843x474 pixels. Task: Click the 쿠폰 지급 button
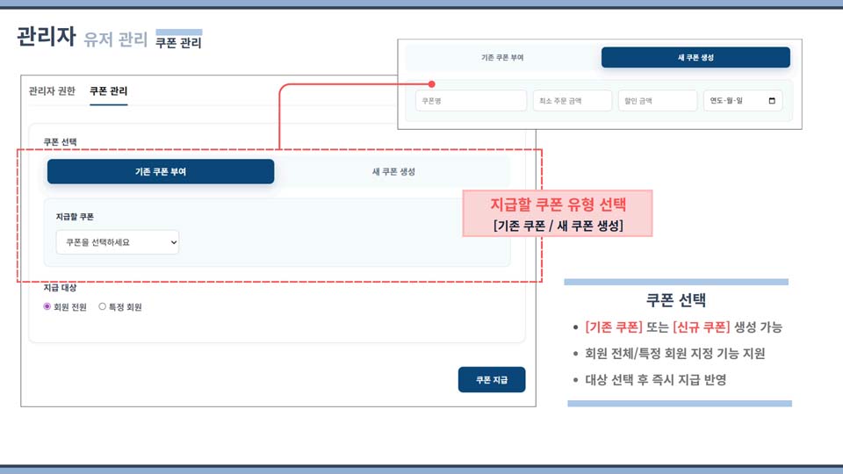tap(492, 379)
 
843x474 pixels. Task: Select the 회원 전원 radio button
tap(47, 307)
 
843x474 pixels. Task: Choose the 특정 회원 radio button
tap(103, 307)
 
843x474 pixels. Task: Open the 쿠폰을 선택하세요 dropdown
tap(117, 242)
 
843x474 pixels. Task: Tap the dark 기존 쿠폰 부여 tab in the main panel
tap(161, 172)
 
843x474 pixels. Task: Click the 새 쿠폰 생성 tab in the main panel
tap(393, 172)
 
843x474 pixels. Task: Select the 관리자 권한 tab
tap(52, 91)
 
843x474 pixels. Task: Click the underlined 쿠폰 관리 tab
tap(108, 91)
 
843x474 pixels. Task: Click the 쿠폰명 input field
tap(459, 101)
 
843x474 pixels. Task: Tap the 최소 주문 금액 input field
tap(573, 101)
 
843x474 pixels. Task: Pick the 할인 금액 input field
tap(656, 101)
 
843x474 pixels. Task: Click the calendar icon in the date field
tap(772, 101)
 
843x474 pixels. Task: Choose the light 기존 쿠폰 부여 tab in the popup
tap(502, 58)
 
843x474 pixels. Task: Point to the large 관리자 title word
tap(46, 37)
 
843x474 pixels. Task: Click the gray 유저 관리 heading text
tap(116, 39)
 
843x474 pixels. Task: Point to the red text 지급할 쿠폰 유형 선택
tap(558, 205)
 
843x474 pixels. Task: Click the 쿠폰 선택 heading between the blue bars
tap(676, 300)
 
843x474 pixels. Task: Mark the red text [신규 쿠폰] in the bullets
tap(702, 327)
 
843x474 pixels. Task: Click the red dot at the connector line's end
tap(432, 86)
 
